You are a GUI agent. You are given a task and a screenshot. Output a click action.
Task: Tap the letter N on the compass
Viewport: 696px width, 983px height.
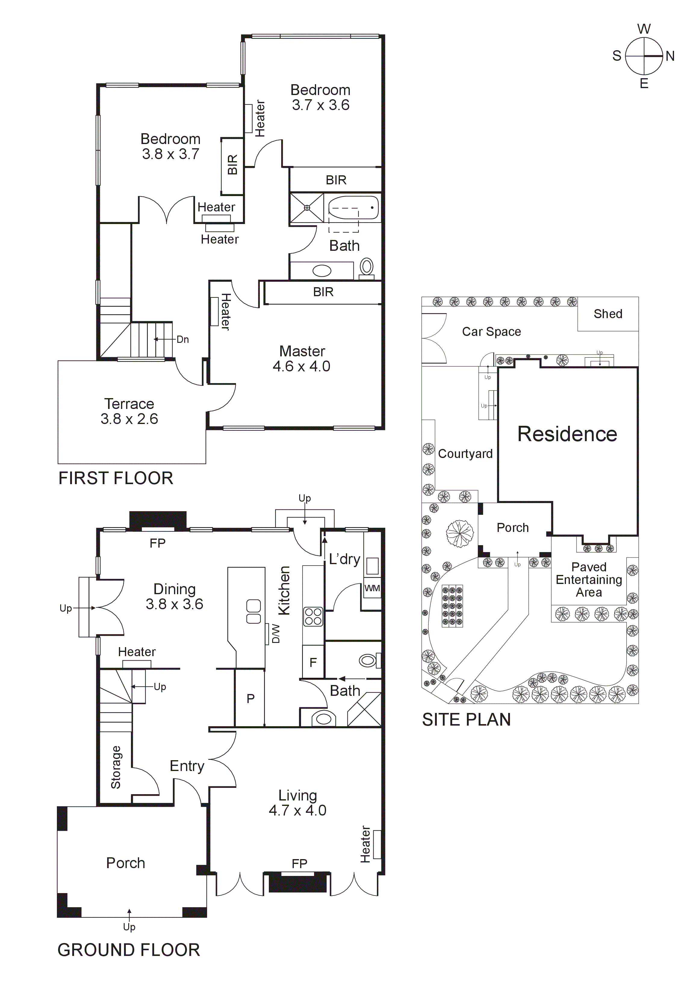click(670, 56)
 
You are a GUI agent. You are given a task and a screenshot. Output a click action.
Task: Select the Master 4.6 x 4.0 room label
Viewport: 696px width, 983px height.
click(302, 359)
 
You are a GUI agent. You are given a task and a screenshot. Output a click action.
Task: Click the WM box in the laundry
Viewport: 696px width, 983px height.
click(371, 588)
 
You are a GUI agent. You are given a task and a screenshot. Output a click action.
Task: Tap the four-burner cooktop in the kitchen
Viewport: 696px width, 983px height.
click(313, 617)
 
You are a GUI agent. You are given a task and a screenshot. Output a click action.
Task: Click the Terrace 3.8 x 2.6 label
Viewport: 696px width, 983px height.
click(129, 411)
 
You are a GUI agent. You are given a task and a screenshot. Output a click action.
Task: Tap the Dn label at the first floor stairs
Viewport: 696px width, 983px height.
click(182, 339)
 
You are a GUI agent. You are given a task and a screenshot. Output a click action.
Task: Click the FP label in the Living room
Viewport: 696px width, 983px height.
click(299, 864)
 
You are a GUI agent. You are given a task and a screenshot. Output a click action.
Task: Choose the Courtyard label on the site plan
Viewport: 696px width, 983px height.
click(465, 454)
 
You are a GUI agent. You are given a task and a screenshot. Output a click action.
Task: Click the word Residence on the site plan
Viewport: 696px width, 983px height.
click(567, 434)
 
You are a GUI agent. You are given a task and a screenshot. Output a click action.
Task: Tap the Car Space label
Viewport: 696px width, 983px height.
click(491, 332)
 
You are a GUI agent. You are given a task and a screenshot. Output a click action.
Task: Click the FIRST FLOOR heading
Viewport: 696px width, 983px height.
click(116, 478)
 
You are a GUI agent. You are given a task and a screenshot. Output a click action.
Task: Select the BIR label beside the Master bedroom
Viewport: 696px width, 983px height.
click(323, 292)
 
